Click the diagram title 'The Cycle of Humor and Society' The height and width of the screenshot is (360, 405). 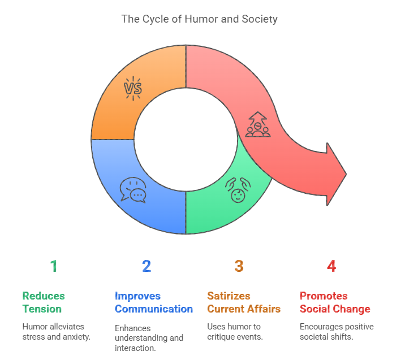(200, 19)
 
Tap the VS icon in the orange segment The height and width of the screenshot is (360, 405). (133, 88)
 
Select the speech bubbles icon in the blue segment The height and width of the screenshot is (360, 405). (133, 190)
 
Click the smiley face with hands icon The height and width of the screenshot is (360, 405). (238, 190)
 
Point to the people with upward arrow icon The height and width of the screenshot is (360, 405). (257, 124)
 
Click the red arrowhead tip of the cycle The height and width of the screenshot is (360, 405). (346, 174)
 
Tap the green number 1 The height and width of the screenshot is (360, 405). (54, 266)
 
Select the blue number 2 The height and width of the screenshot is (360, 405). (147, 266)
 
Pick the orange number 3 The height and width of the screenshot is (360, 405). (239, 266)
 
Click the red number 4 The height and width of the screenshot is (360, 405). (331, 266)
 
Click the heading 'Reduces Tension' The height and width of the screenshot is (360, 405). (44, 302)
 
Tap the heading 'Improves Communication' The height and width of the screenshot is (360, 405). (154, 302)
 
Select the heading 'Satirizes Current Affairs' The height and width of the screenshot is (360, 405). (244, 302)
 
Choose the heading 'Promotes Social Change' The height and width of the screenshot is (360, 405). (335, 302)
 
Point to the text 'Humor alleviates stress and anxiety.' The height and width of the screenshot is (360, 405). (57, 332)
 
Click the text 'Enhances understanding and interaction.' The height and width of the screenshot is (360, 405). (149, 338)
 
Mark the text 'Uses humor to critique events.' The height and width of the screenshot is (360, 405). (235, 332)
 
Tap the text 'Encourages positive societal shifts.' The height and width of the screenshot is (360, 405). (337, 332)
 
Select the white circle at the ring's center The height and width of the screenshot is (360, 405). (186, 140)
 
